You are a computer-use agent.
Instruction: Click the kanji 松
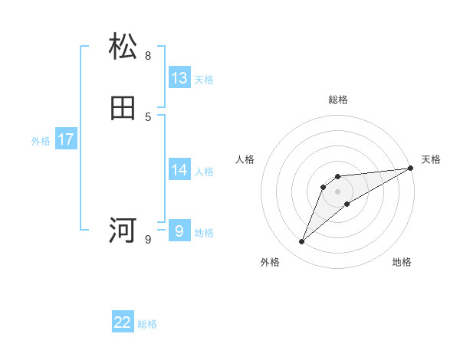point(123,47)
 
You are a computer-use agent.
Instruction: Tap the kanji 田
point(123,109)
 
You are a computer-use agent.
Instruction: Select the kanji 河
point(123,229)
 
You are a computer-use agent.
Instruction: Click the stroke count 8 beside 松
point(148,55)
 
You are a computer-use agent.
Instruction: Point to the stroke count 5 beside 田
point(148,117)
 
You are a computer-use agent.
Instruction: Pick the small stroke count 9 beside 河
point(148,240)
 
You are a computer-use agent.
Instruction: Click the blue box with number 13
point(179,78)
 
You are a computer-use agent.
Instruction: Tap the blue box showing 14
point(179,170)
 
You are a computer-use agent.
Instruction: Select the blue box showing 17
point(66,139)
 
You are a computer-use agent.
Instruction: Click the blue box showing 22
point(123,322)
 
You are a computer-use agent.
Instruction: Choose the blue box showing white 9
point(179,231)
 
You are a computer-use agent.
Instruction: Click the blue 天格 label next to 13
point(204,80)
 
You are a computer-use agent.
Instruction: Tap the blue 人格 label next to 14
point(204,172)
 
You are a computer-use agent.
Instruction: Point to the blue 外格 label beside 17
point(41,141)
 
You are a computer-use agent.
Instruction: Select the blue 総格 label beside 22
point(147,324)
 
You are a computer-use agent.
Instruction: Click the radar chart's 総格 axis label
point(338,100)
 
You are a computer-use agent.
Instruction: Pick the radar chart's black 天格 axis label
point(431,159)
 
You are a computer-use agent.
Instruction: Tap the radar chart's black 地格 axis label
point(402,263)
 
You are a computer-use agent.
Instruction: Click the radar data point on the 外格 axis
point(302,242)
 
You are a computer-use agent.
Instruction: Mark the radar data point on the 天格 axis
point(410,169)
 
